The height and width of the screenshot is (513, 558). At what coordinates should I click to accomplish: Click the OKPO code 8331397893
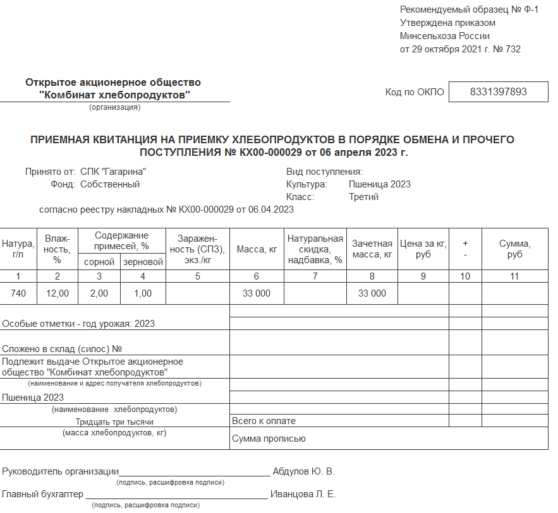pos(498,92)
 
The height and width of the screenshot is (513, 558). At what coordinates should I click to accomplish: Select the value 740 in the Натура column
pos(18,293)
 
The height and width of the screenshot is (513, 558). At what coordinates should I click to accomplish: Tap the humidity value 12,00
pos(57,293)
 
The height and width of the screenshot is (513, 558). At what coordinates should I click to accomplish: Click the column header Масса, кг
pos(257,249)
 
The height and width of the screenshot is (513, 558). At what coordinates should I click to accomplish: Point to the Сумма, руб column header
pos(514,249)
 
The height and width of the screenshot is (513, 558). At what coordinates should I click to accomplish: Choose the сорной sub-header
pos(99,262)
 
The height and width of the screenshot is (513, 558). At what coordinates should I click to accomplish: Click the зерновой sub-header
pos(143,262)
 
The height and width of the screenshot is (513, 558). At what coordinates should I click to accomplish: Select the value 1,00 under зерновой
pos(143,293)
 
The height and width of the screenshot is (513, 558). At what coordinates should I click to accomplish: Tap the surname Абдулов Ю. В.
pos(303,471)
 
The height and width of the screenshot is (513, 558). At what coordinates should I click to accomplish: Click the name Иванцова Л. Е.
pos(303,494)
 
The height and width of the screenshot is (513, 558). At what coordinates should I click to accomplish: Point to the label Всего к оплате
pos(264,421)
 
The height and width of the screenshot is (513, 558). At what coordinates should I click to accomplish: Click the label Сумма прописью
pos(269,439)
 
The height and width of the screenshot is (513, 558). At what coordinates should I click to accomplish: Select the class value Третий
pos(363,197)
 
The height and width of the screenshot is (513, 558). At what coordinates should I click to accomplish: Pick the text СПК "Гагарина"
pos(114,172)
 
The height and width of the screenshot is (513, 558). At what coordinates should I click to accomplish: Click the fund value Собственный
pos(110,184)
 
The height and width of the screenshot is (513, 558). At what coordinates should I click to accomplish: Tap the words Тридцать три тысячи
pos(114,422)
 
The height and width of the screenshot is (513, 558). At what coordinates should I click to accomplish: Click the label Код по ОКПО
pos(415,92)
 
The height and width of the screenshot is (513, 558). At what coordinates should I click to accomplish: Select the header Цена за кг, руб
pos(423,249)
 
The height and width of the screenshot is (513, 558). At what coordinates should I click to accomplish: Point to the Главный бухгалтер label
pos(43,494)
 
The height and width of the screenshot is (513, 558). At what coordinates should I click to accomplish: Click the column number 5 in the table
pos(198,276)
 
